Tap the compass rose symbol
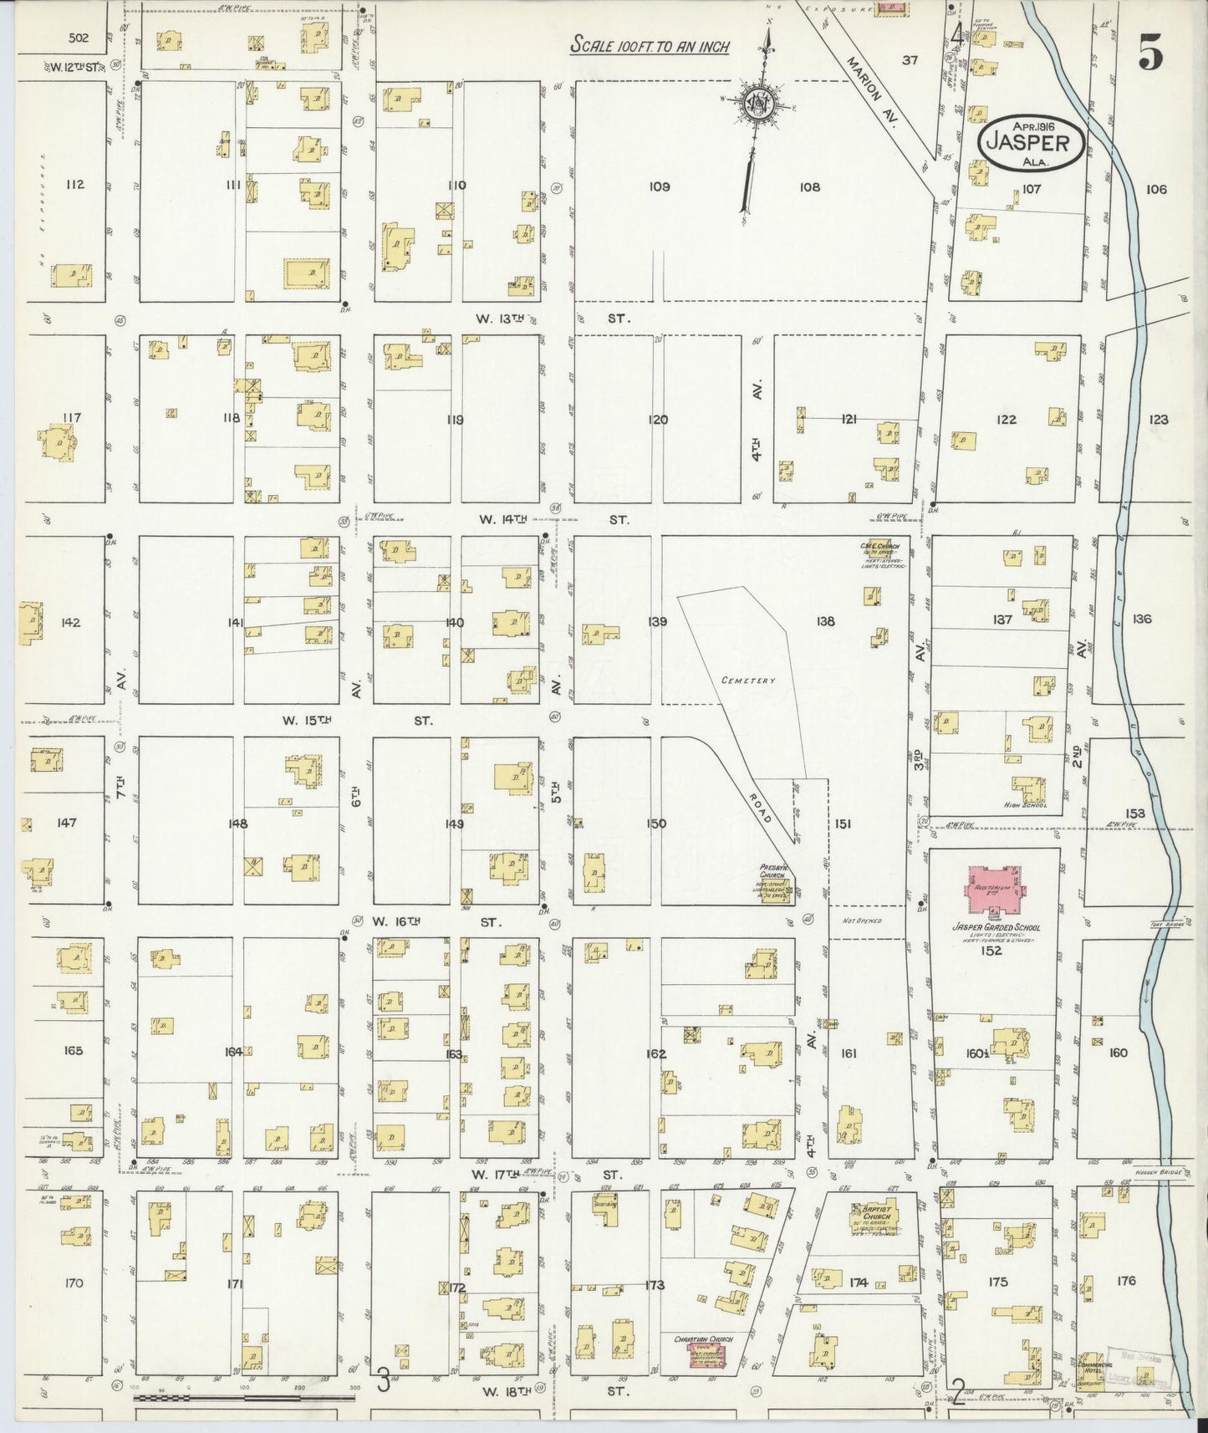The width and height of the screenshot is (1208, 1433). pos(759,102)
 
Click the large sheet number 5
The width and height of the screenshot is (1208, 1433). pos(1149,55)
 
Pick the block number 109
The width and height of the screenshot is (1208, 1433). pos(659,187)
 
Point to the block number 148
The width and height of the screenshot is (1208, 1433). pos(237,824)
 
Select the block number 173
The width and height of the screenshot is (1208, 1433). pos(655,1284)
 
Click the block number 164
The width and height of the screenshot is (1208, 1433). pos(232,1052)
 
